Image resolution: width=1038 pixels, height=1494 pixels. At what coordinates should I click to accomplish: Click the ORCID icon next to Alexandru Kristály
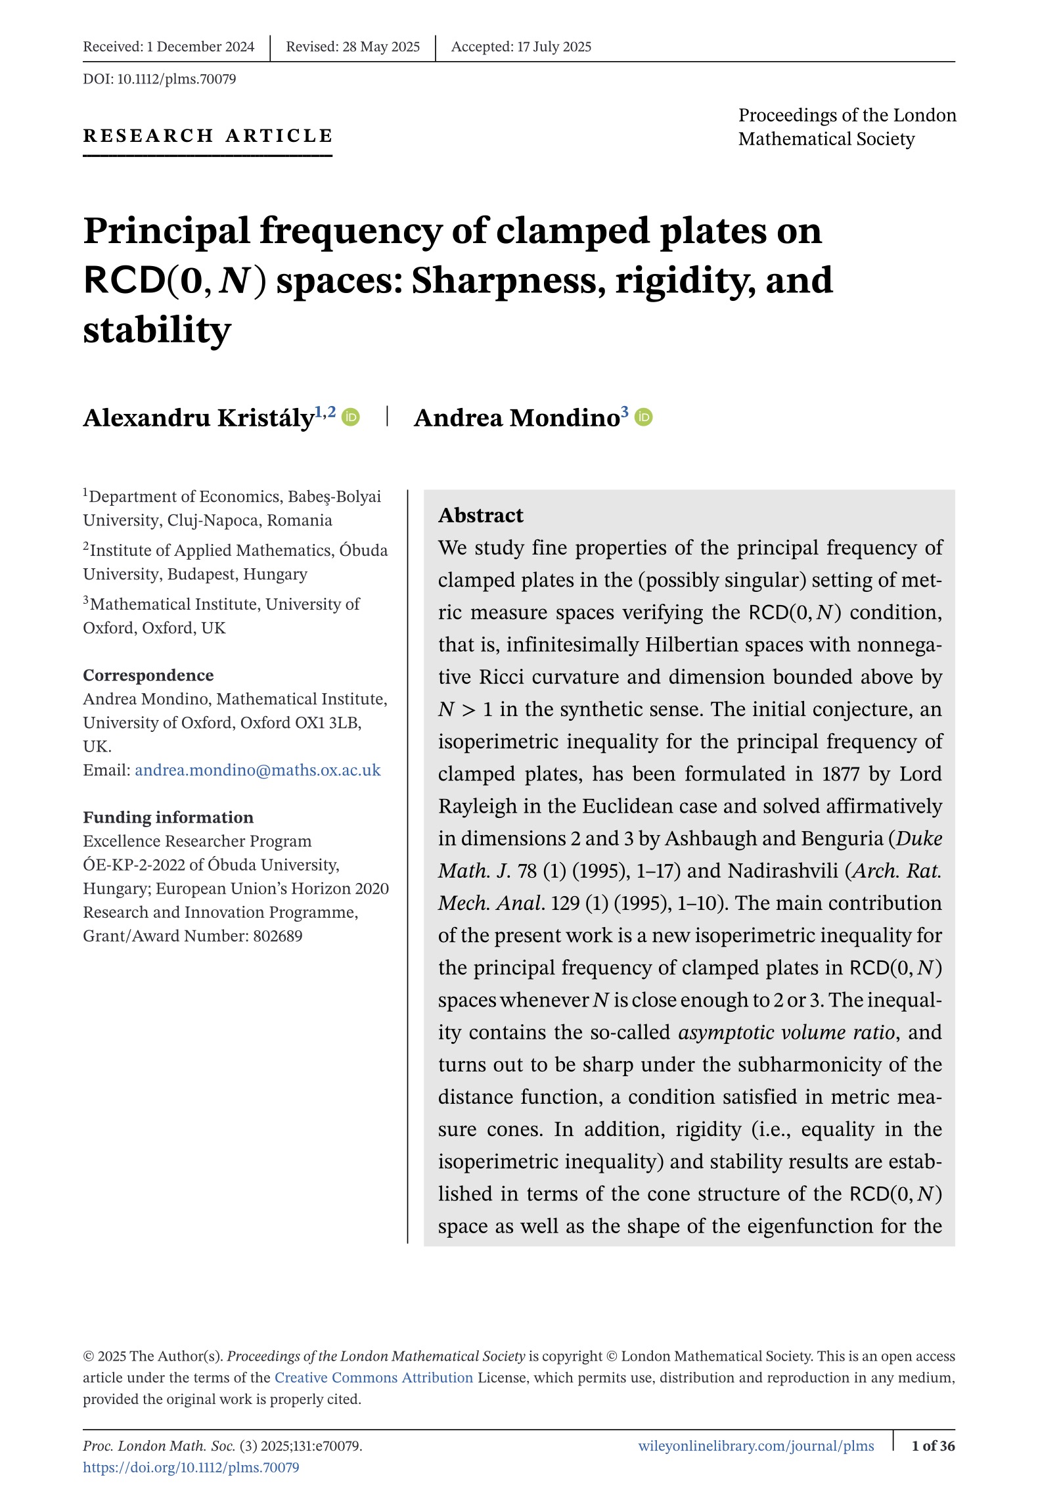click(x=351, y=417)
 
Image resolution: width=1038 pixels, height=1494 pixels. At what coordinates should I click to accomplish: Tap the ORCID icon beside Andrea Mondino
click(x=644, y=417)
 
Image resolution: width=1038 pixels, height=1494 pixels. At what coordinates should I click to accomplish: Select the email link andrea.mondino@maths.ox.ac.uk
click(x=258, y=770)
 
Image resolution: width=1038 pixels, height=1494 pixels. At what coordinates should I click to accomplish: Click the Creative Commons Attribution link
click(x=373, y=1377)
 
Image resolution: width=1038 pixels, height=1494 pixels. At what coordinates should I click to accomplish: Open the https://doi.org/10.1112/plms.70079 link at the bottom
click(x=191, y=1467)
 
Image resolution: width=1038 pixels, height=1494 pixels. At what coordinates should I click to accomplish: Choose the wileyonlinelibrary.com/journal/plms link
click(x=756, y=1445)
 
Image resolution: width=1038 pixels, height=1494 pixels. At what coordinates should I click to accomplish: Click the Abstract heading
click(x=481, y=515)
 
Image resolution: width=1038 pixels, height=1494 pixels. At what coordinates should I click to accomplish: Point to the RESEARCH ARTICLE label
click(x=208, y=136)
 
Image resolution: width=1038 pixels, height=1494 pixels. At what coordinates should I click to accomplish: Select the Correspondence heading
click(x=148, y=675)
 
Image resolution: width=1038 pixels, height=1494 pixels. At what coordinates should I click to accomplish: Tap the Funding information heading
click(x=168, y=817)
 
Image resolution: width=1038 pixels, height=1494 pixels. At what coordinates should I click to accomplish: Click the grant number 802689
click(x=278, y=936)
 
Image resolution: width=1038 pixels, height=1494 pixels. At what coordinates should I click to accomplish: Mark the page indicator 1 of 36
click(x=933, y=1445)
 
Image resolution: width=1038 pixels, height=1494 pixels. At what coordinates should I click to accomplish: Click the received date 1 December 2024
click(x=200, y=47)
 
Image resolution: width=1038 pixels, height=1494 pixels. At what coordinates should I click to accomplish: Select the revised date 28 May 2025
click(x=381, y=47)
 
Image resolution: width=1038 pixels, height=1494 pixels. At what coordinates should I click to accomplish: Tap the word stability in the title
click(x=157, y=330)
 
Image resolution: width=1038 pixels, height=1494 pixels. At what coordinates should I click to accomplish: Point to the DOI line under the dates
click(x=160, y=79)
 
